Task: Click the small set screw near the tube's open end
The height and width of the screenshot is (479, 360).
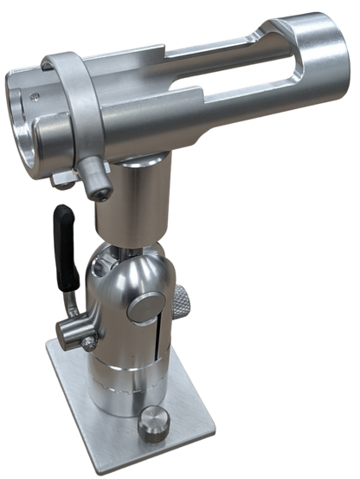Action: tap(35, 98)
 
